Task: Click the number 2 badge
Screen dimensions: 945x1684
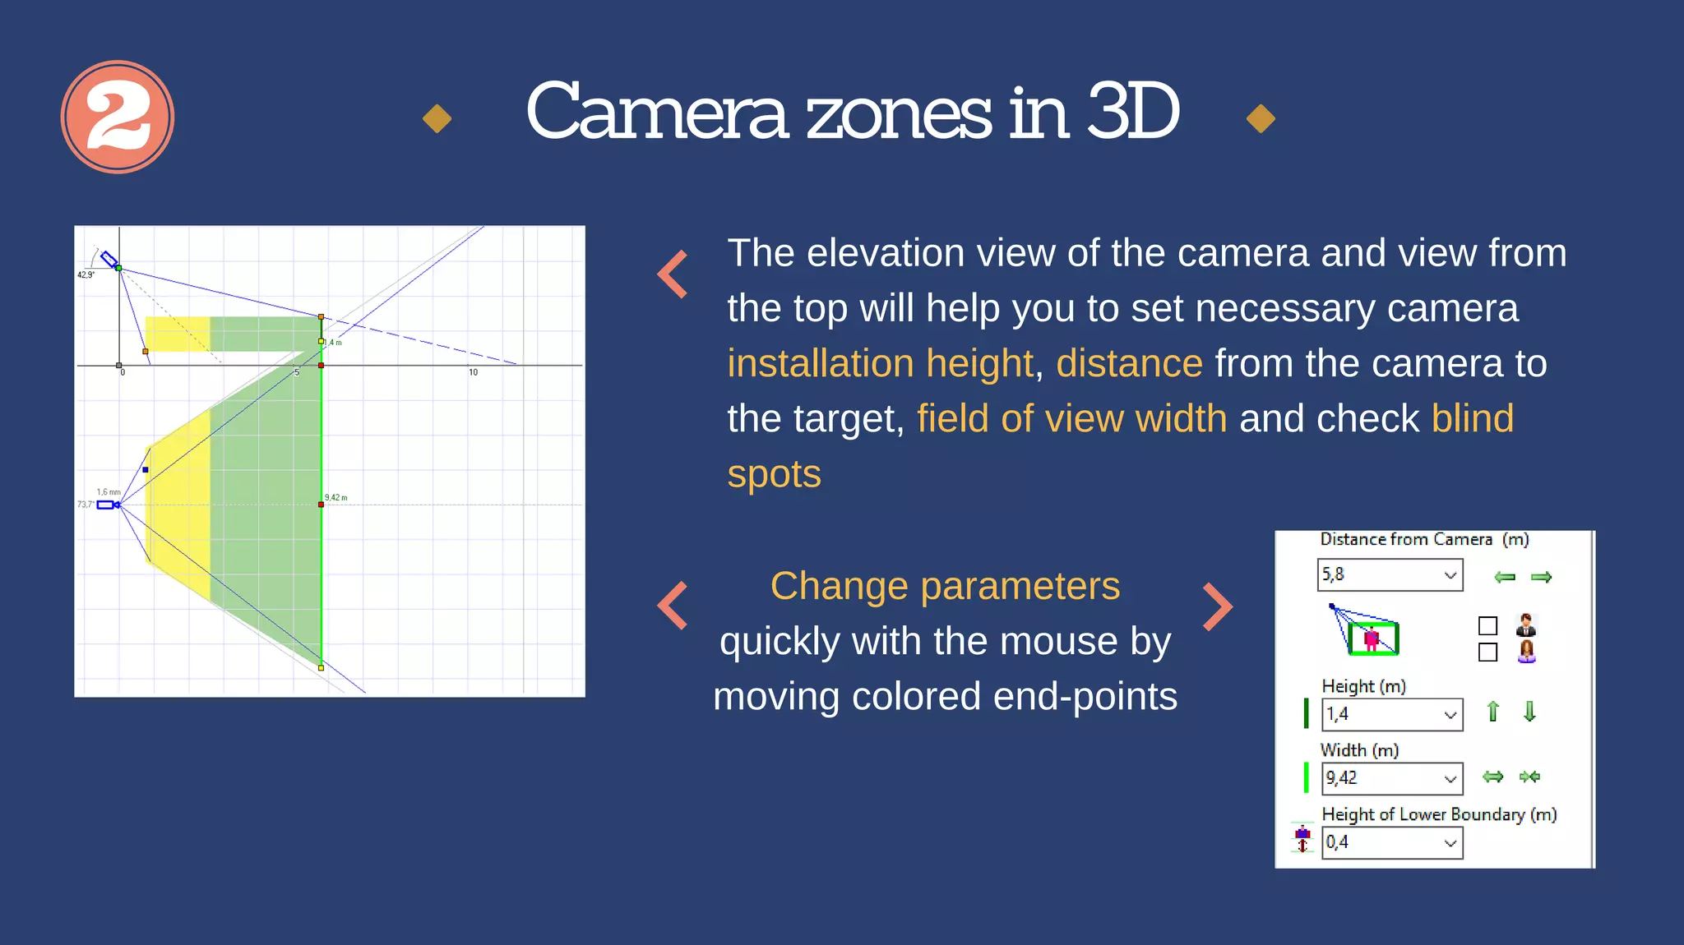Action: click(118, 117)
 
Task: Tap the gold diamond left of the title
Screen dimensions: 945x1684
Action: click(437, 118)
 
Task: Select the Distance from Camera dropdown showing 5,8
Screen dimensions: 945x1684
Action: click(1390, 575)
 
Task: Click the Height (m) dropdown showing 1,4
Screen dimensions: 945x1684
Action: click(1391, 714)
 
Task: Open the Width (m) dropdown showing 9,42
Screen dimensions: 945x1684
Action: click(1391, 778)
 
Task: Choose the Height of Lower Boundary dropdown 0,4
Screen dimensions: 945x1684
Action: click(1391, 842)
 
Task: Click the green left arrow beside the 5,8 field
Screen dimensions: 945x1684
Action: click(1505, 577)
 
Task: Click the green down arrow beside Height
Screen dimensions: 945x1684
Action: click(1529, 712)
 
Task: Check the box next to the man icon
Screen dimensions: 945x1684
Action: click(1487, 626)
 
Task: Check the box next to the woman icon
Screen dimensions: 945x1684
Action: click(1487, 652)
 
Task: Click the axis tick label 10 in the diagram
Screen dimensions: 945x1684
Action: click(474, 372)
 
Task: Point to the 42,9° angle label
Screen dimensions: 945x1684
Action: click(86, 275)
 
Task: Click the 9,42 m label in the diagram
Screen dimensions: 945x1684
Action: click(336, 498)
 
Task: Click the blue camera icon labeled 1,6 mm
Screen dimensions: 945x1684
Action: click(106, 505)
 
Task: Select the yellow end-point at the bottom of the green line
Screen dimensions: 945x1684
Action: click(321, 668)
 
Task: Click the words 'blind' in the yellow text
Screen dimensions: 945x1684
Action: click(1472, 418)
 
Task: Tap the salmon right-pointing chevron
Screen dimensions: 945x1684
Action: click(1218, 606)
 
